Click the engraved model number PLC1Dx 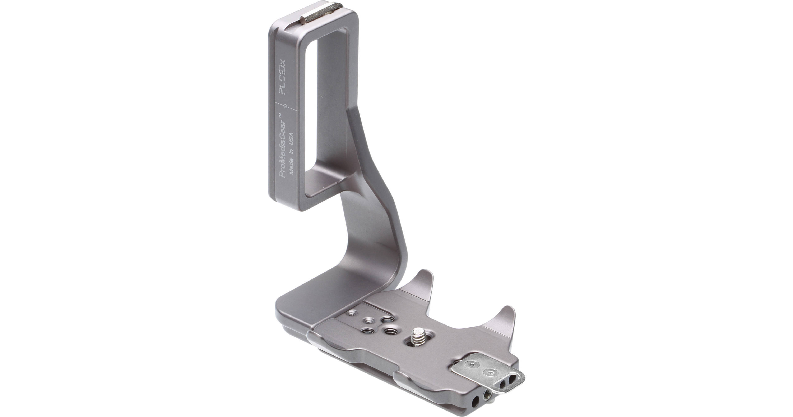point(281,77)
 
